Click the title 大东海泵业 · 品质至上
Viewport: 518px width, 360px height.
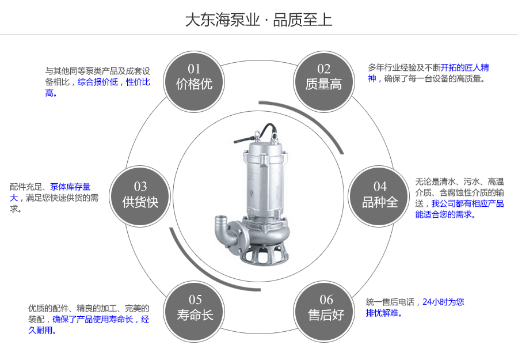click(x=258, y=20)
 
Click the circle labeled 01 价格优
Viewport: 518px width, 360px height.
click(x=194, y=78)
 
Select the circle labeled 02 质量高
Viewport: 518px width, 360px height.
click(x=323, y=78)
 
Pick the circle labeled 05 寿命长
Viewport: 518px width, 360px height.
click(x=195, y=308)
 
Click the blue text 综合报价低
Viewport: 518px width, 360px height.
click(x=97, y=82)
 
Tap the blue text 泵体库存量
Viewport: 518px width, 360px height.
click(x=70, y=187)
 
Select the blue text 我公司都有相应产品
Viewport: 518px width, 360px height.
click(x=467, y=203)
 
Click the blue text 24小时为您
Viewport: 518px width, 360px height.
click(x=443, y=301)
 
